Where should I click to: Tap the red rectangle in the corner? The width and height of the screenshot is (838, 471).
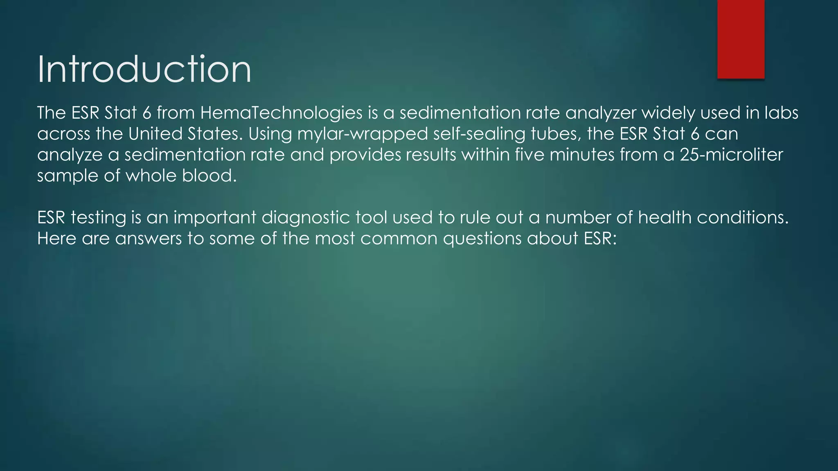click(741, 39)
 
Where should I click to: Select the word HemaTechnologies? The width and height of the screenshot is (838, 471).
click(281, 113)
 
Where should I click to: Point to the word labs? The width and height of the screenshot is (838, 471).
click(782, 113)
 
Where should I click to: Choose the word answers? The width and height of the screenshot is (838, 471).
click(148, 238)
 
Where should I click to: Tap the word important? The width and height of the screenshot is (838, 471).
click(215, 218)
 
